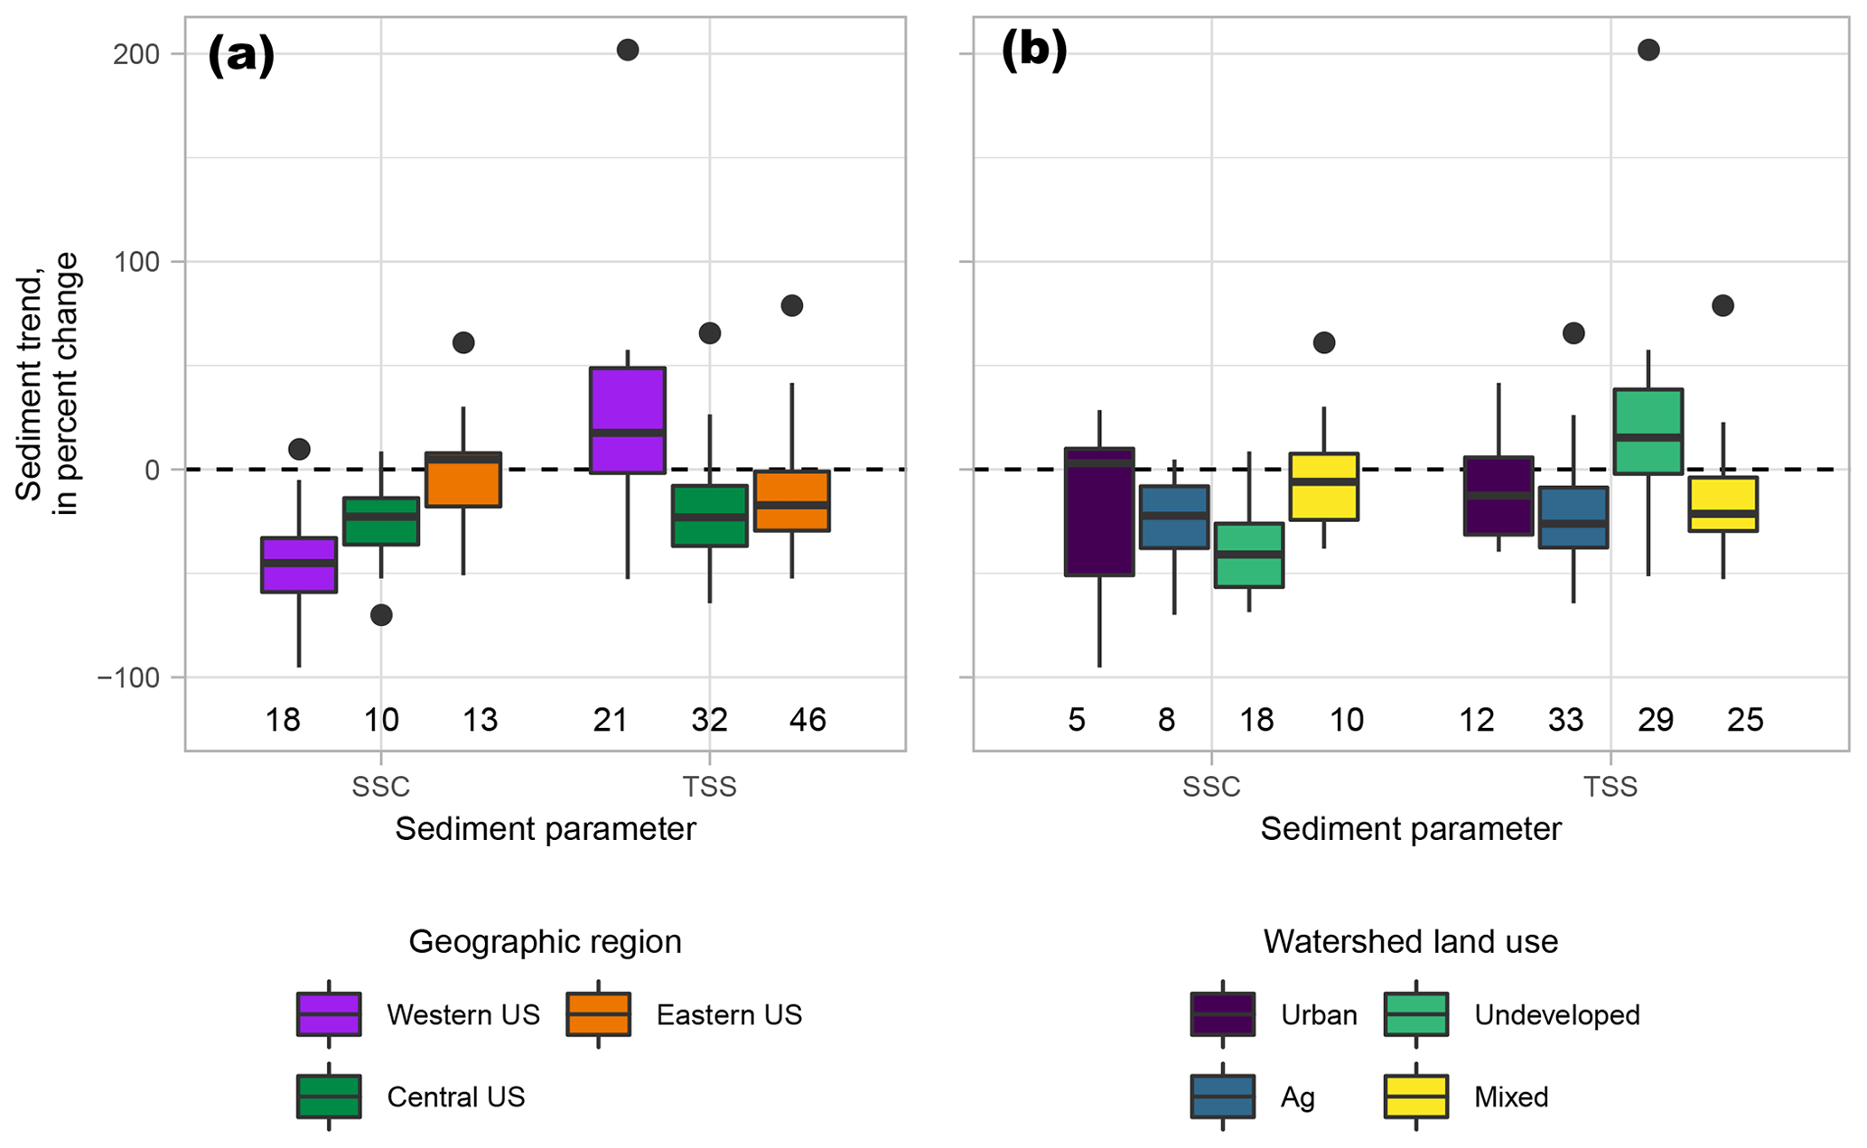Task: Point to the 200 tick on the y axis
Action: point(136,54)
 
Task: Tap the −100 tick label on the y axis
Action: point(129,677)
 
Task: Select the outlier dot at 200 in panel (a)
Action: point(628,51)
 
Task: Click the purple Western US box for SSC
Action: point(299,565)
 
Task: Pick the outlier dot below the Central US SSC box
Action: point(381,615)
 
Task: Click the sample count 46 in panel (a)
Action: point(807,720)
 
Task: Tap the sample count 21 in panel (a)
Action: point(611,720)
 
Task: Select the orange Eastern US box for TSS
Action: point(792,501)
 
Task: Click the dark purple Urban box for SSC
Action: point(1099,511)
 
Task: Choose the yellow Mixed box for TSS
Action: point(1722,504)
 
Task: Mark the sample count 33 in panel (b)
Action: point(1565,720)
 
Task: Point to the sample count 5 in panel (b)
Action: point(1077,720)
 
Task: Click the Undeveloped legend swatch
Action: point(1415,1014)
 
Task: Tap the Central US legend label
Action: point(455,1097)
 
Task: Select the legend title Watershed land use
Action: point(1410,942)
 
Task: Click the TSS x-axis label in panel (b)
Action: point(1610,787)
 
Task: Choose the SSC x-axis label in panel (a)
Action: point(380,787)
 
